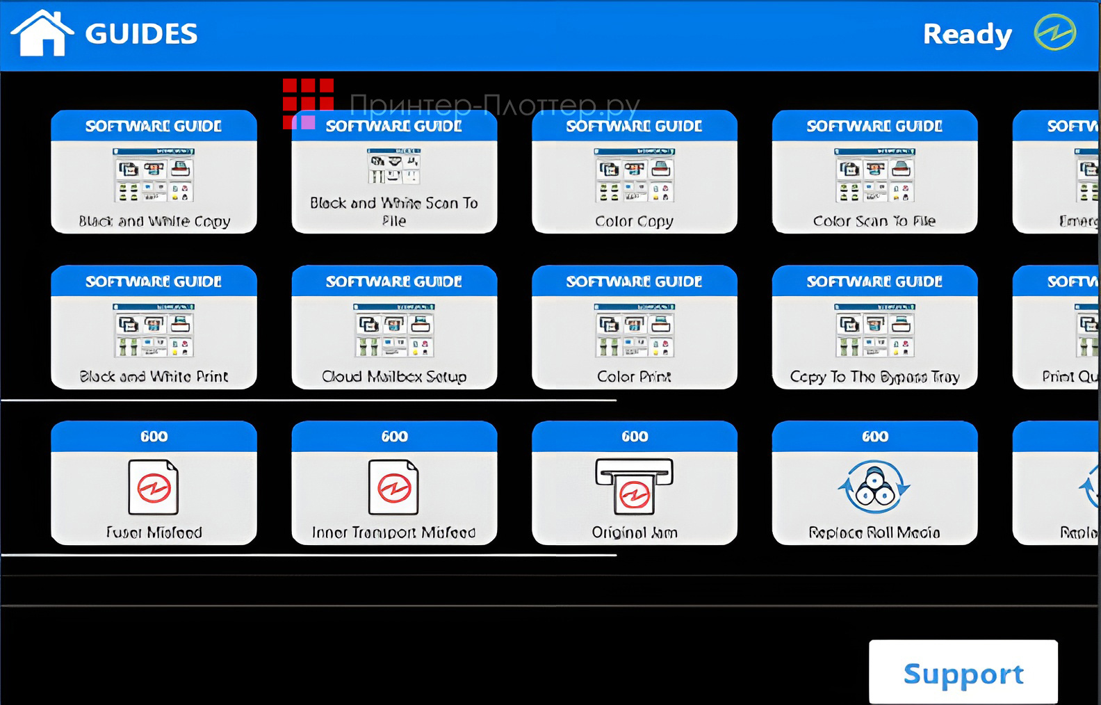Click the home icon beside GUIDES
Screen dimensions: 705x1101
[x=42, y=33]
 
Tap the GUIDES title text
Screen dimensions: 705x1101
[x=141, y=34]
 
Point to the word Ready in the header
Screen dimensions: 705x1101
[x=967, y=34]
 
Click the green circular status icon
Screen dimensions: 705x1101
[x=1054, y=33]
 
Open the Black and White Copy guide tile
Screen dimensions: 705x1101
[x=154, y=172]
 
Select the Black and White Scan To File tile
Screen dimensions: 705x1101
[x=394, y=172]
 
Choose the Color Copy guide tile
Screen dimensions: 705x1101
[x=634, y=172]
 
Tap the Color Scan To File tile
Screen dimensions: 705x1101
[x=874, y=172]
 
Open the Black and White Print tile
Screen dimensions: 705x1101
[x=154, y=327]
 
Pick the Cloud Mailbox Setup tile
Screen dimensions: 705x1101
[x=394, y=327]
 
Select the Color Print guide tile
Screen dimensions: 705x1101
[x=634, y=327]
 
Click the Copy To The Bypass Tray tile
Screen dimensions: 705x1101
[x=874, y=327]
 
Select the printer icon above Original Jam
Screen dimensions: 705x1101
[x=634, y=485]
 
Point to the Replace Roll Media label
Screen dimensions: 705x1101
[x=874, y=533]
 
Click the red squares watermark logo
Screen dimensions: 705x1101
[x=308, y=103]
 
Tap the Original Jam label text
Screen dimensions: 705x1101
[x=634, y=533]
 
